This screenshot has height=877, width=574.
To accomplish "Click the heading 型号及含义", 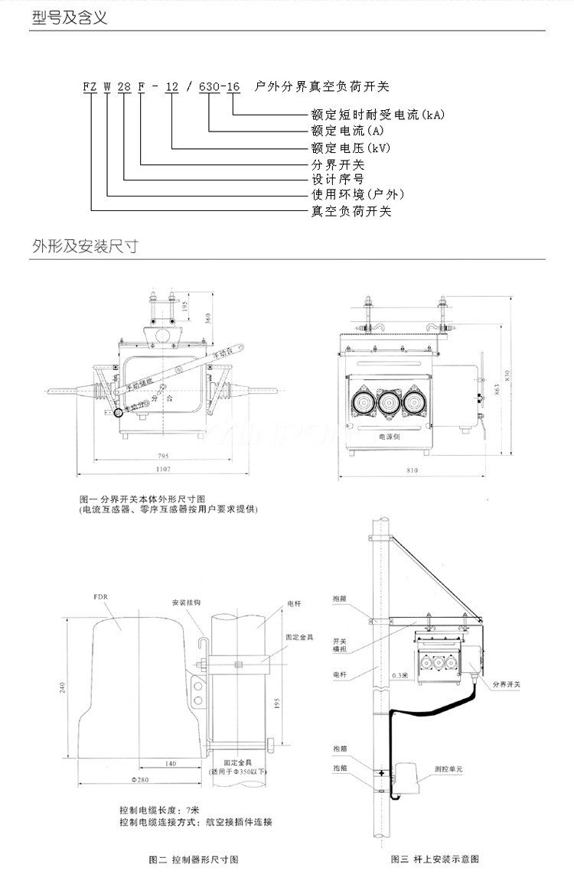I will coord(70,18).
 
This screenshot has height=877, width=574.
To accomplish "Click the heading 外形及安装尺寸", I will coord(85,246).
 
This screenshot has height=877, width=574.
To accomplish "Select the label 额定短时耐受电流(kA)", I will coord(377,115).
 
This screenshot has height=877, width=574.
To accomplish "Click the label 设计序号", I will coord(337,180).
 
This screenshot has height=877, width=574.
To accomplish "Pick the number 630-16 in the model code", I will coord(219,87).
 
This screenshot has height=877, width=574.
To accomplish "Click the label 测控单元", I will coord(449,770).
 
